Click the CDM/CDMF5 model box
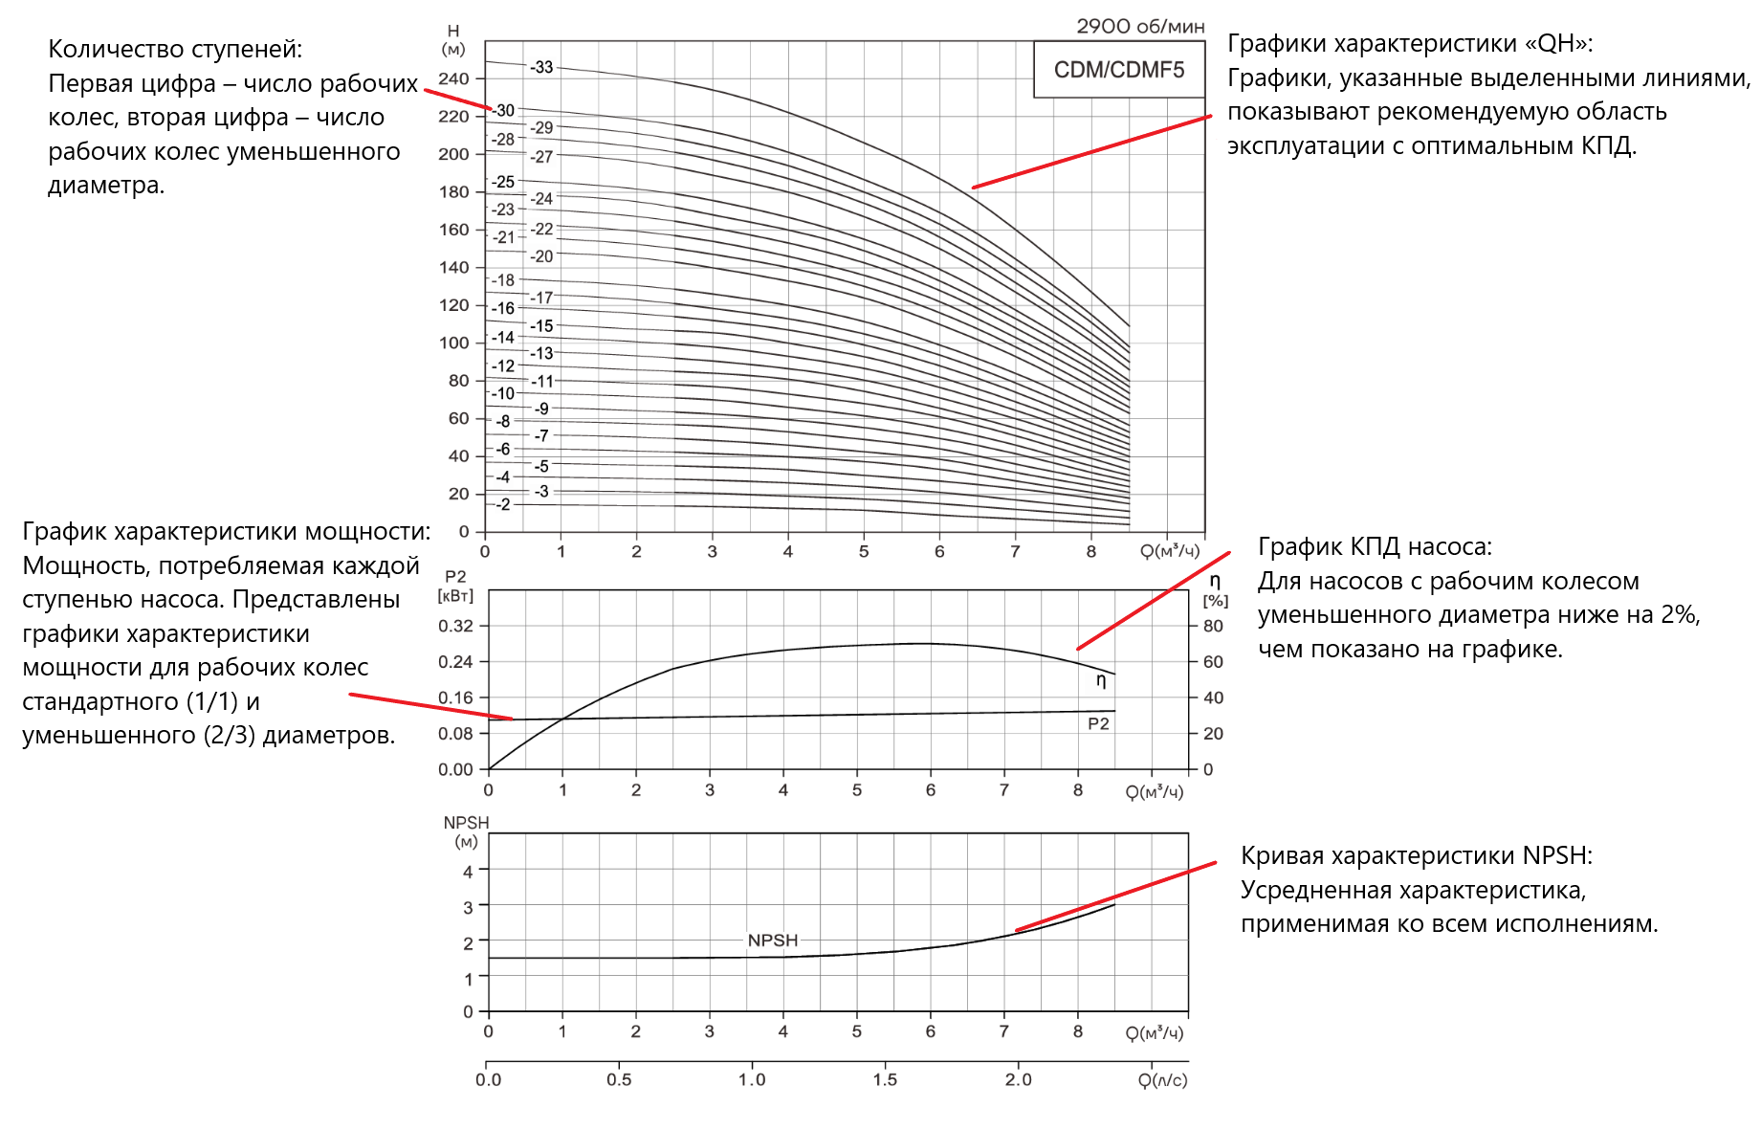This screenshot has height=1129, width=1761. (x=1118, y=70)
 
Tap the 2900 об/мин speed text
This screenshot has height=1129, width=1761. (x=1140, y=27)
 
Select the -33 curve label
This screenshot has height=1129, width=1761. (x=541, y=67)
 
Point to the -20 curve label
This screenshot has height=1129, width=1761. (x=541, y=256)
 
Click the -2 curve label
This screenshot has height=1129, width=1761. (x=503, y=504)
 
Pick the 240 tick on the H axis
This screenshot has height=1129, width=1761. (x=453, y=79)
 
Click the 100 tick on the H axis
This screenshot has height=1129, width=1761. (x=453, y=343)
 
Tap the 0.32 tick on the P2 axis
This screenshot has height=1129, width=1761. (x=455, y=626)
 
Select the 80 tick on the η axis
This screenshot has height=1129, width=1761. (x=1213, y=626)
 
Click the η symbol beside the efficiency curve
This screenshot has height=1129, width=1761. (x=1101, y=680)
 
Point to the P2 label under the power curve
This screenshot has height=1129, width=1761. (x=1098, y=724)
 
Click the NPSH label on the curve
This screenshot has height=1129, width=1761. (x=772, y=941)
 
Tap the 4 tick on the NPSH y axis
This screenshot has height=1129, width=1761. (x=468, y=872)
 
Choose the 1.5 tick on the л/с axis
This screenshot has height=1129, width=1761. (x=885, y=1080)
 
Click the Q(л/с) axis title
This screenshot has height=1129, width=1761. (x=1162, y=1080)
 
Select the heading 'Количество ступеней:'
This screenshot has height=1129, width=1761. (x=175, y=49)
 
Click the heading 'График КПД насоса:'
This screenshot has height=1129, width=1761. (x=1375, y=546)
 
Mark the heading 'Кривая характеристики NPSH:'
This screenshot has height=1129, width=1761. (x=1416, y=855)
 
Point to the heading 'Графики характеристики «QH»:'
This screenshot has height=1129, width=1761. (x=1410, y=43)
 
